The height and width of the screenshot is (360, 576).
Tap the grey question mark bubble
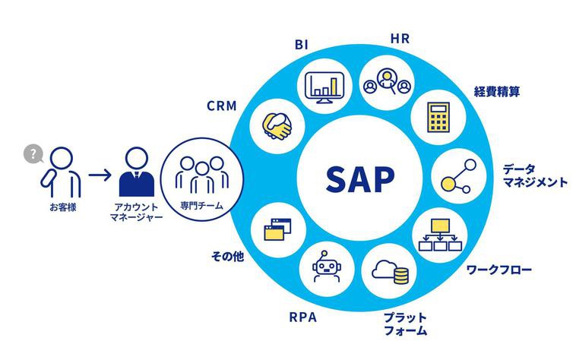[x=33, y=154]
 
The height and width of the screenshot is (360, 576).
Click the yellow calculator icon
[x=437, y=118]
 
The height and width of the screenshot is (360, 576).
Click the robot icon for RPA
[x=328, y=268]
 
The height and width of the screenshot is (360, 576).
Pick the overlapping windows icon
[x=277, y=229]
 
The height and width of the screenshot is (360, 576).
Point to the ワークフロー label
[x=498, y=270]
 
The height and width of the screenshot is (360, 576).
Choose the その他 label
[x=227, y=257]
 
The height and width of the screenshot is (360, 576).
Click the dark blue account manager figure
[x=137, y=173]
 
